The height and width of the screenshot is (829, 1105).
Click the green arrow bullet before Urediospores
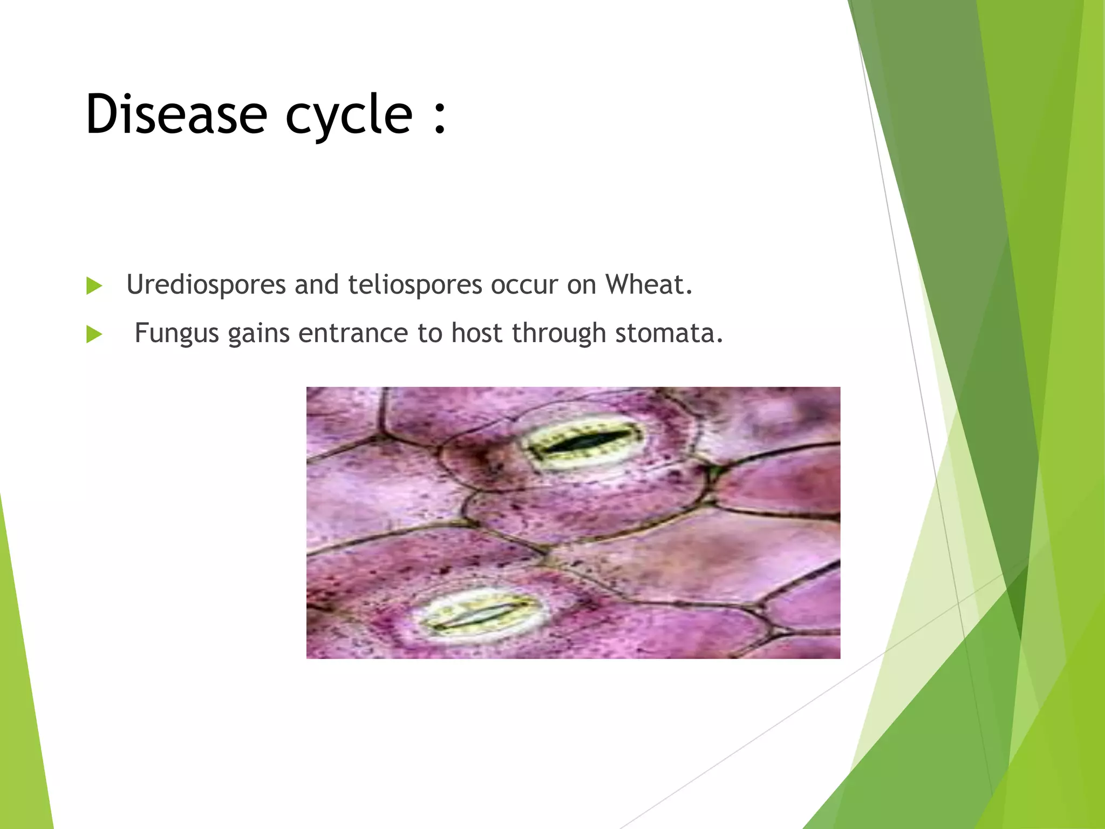(94, 286)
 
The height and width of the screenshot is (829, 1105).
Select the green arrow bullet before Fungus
(94, 335)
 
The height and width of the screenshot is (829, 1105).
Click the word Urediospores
(206, 285)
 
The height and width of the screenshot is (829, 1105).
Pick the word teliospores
(414, 285)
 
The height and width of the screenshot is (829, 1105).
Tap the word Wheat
(648, 284)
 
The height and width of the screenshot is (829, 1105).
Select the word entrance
(353, 333)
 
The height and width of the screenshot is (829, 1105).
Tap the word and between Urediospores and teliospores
(316, 284)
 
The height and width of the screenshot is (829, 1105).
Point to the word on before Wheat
(581, 285)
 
